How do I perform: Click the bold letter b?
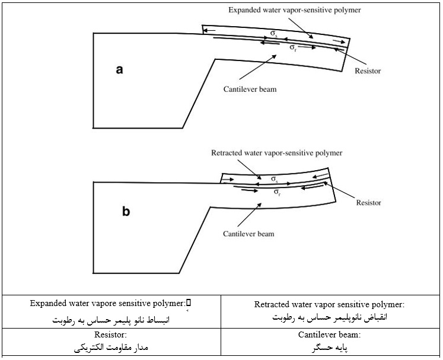(x=126, y=211)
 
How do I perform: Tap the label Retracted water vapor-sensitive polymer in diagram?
(x=277, y=153)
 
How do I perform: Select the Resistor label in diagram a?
(x=367, y=71)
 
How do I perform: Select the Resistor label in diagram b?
(x=368, y=203)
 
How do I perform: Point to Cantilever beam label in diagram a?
(x=250, y=90)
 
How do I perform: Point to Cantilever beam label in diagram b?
(x=249, y=234)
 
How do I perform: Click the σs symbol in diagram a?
(x=273, y=34)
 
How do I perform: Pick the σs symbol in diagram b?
(x=274, y=178)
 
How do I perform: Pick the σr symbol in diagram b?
(x=277, y=192)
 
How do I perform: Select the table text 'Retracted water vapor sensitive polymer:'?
(x=329, y=305)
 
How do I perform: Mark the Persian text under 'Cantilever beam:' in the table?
(x=329, y=348)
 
